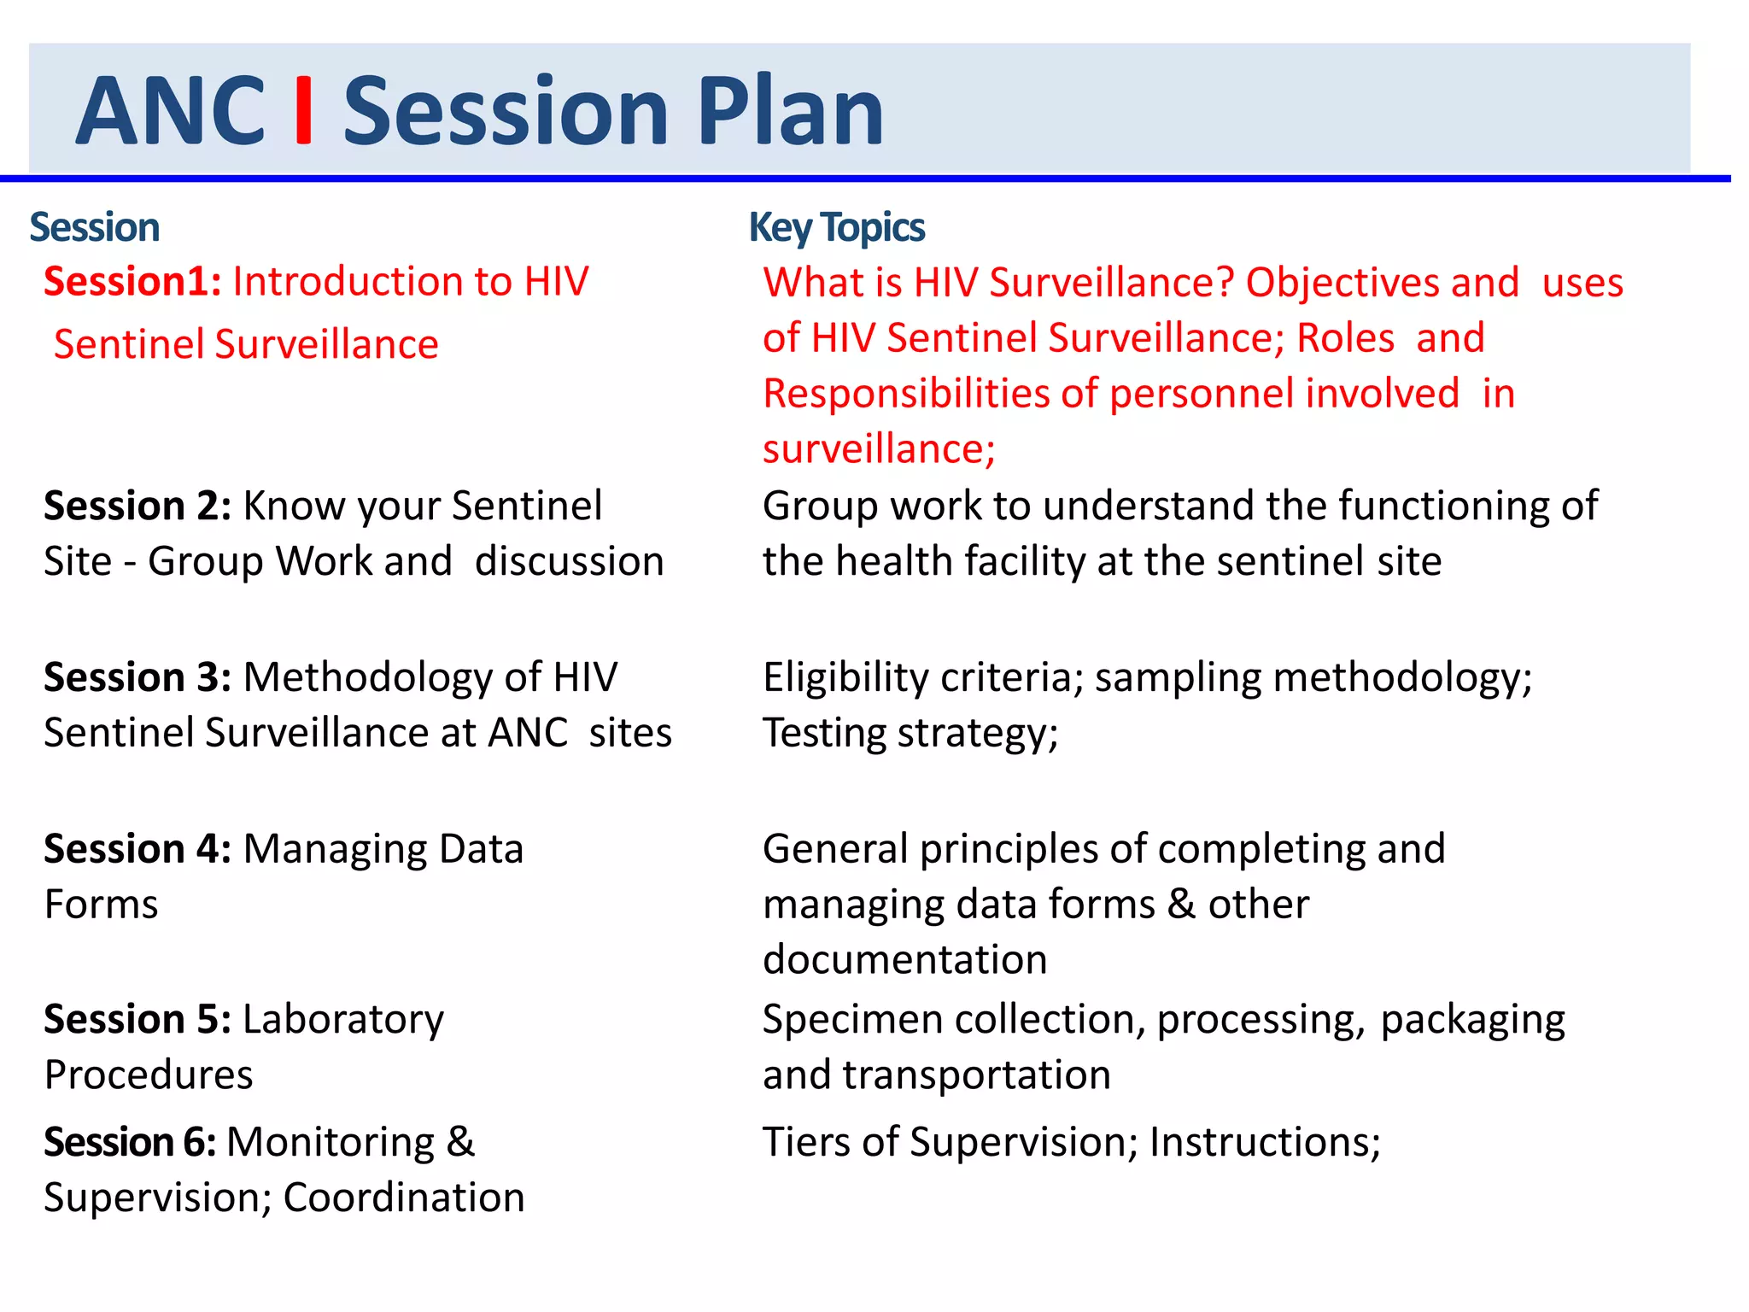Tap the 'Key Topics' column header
[836, 228]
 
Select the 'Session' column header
[95, 228]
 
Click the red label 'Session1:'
[133, 282]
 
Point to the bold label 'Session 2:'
[137, 507]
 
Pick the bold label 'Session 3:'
[137, 678]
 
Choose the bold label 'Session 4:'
[137, 850]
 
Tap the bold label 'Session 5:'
[137, 1020]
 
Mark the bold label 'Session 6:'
[130, 1143]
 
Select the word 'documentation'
[904, 960]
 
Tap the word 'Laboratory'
[343, 1020]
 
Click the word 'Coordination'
[403, 1198]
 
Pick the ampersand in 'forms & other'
[1181, 905]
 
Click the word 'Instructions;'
[1265, 1143]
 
